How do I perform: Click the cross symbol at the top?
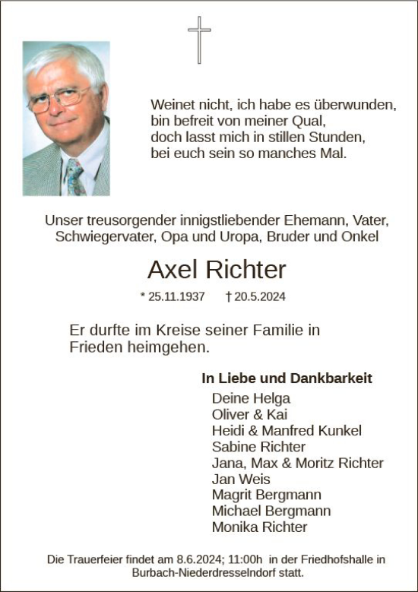coord(199,40)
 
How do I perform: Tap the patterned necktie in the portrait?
coord(74,177)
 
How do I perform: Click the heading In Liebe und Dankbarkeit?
coord(287,378)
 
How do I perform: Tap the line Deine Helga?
coord(251,397)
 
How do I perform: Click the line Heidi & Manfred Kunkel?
coord(287,431)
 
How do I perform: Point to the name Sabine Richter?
coord(258,447)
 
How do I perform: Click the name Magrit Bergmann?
coord(266,495)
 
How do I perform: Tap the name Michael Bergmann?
coord(271,511)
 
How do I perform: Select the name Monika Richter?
coord(259,527)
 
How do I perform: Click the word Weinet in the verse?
coord(171,104)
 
